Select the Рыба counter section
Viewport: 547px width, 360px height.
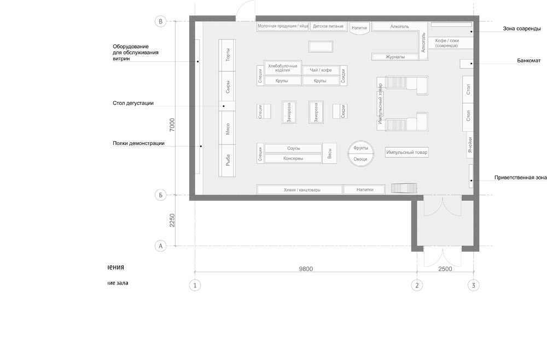click(228, 161)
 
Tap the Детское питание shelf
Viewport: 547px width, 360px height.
click(328, 26)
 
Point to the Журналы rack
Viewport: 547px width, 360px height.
click(395, 56)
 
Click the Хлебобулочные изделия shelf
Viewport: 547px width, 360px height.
click(283, 68)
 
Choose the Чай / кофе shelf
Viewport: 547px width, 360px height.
click(321, 70)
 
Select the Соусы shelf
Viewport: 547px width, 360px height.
click(293, 148)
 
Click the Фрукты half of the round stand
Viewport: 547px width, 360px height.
click(360, 148)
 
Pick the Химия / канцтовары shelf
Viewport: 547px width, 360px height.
click(299, 190)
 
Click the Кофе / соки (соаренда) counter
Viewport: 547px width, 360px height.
click(446, 44)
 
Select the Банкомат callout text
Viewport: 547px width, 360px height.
click(528, 60)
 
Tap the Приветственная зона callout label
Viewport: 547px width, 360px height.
click(520, 178)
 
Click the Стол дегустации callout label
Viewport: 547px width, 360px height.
click(133, 103)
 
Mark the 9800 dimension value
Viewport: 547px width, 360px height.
click(305, 269)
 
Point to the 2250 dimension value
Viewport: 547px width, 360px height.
click(172, 220)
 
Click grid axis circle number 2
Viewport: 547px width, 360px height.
click(417, 285)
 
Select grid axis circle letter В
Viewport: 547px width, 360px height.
click(161, 21)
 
